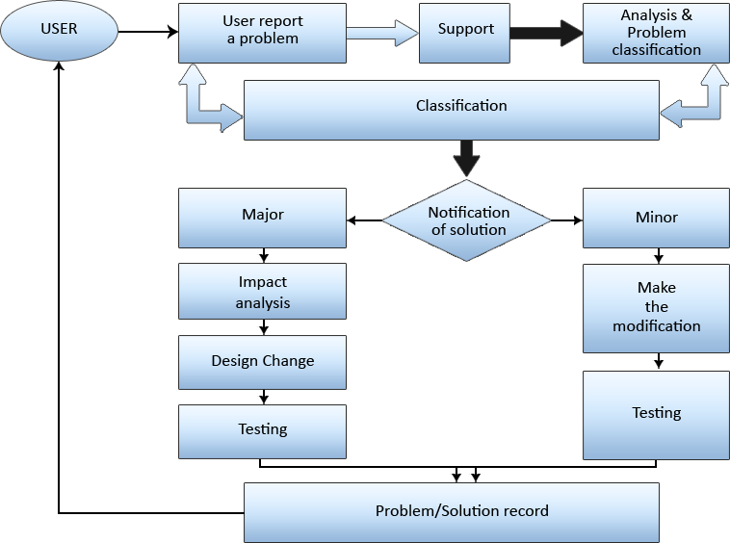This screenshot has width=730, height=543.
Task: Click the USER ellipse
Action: tap(58, 29)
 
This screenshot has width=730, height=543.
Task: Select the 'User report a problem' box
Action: tap(262, 31)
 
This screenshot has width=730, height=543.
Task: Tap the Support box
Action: tap(465, 31)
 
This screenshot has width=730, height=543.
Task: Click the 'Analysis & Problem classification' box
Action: tap(656, 33)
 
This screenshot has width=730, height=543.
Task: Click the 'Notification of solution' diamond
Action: tap(467, 221)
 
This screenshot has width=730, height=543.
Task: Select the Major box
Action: tap(262, 217)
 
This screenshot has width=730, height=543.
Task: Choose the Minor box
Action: tap(656, 219)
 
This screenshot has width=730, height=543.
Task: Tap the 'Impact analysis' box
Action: tap(262, 292)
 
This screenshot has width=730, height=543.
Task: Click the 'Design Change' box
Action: tap(262, 362)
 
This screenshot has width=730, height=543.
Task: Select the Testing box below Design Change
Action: tap(262, 430)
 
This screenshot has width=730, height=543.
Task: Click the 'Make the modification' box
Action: tap(656, 308)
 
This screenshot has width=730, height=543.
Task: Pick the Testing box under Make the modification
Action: tap(656, 414)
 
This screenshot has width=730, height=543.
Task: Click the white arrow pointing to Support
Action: tap(382, 32)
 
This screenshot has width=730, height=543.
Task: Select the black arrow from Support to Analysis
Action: tap(545, 32)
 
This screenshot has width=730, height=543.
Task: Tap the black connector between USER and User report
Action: tap(156, 32)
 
